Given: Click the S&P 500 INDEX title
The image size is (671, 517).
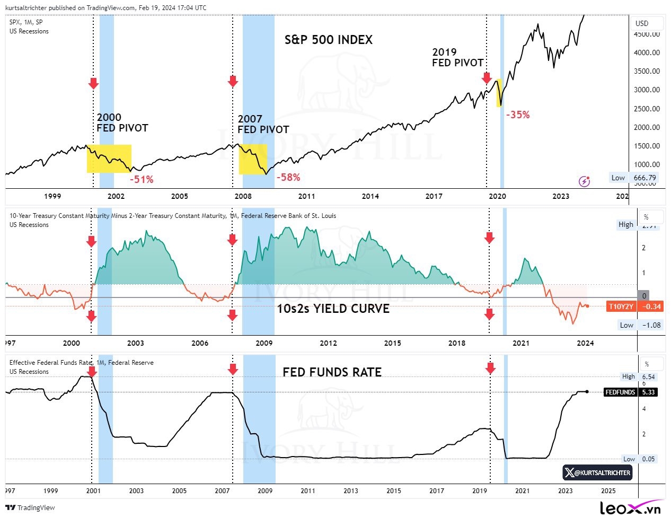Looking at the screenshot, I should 329,40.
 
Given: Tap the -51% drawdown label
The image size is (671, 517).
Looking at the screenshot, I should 142,179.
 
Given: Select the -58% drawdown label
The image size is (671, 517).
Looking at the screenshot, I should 288,177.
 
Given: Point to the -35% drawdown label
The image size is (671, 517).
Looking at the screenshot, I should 518,115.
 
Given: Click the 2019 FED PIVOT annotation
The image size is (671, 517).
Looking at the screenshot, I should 457,57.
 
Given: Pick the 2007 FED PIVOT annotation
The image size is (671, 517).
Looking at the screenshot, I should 263,125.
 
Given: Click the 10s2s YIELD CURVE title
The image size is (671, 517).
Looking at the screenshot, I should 333,309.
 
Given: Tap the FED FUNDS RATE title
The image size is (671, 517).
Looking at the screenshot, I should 332,372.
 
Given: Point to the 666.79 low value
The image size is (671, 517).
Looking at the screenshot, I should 644,178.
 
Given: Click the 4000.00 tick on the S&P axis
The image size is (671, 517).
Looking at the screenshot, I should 647,52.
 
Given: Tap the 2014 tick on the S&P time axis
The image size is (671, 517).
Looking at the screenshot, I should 370,196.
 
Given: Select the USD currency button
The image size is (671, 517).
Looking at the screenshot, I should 642,23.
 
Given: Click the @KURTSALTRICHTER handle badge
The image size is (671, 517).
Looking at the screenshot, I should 597,472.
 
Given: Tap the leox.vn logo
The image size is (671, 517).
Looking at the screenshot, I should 631,507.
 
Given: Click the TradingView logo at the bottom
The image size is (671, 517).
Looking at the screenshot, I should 31,507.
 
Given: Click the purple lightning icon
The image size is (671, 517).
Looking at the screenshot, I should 584,181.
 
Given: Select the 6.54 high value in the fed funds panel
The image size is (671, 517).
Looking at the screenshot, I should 648,376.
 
